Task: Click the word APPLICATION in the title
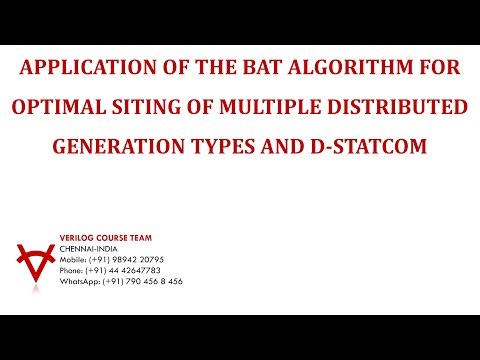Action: pyautogui.click(x=78, y=70)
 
